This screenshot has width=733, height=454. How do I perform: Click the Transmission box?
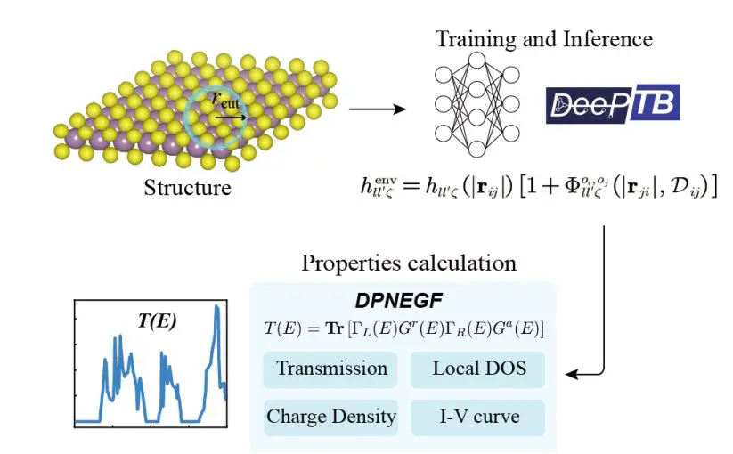pyautogui.click(x=331, y=369)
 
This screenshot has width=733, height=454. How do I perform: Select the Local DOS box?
pyautogui.click(x=476, y=369)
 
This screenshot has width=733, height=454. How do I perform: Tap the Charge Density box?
pyautogui.click(x=331, y=416)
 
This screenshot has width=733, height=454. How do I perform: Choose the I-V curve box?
pyautogui.click(x=476, y=416)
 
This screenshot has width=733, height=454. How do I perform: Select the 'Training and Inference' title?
pyautogui.click(x=543, y=39)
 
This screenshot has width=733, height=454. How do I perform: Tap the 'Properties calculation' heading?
pyautogui.click(x=409, y=263)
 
